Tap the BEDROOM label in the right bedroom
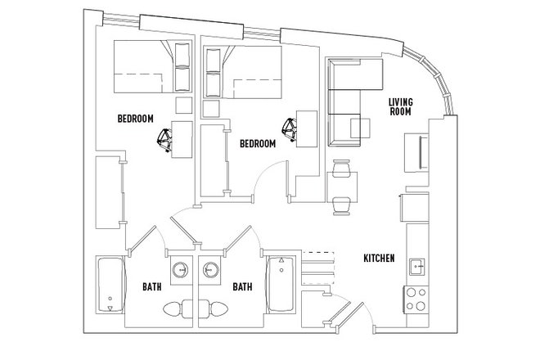[x=258, y=143]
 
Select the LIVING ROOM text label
[x=401, y=107]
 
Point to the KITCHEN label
[x=380, y=259]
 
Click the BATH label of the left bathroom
[x=152, y=287]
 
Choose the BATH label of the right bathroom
[x=242, y=287]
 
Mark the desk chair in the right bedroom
[x=290, y=128]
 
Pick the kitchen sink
[x=417, y=265]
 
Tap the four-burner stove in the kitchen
[x=416, y=298]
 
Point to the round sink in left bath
[x=182, y=270]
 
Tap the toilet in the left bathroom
[x=173, y=310]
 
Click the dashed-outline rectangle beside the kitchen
[x=318, y=259]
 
